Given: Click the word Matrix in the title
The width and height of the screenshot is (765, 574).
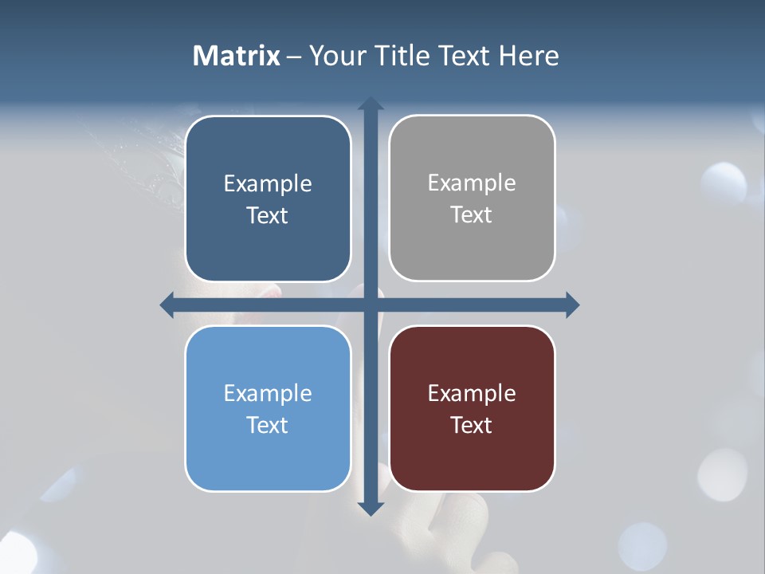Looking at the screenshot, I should click(237, 56).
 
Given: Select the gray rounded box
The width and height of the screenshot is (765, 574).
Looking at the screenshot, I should click(472, 247).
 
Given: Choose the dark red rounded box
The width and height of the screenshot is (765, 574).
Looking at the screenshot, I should click(472, 458).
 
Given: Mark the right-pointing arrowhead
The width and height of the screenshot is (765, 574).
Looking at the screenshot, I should click(572, 305).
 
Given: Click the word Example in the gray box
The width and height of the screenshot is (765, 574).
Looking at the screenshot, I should click(472, 183).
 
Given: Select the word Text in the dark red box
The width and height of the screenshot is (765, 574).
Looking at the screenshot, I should click(472, 425).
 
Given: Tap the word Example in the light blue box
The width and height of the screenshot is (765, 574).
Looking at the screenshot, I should click(268, 393).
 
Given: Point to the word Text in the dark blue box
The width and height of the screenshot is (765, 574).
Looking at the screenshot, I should click(268, 215).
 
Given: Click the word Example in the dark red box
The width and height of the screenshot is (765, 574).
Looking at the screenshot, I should click(472, 393).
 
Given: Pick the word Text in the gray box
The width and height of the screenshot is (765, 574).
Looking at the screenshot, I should click(472, 214).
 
